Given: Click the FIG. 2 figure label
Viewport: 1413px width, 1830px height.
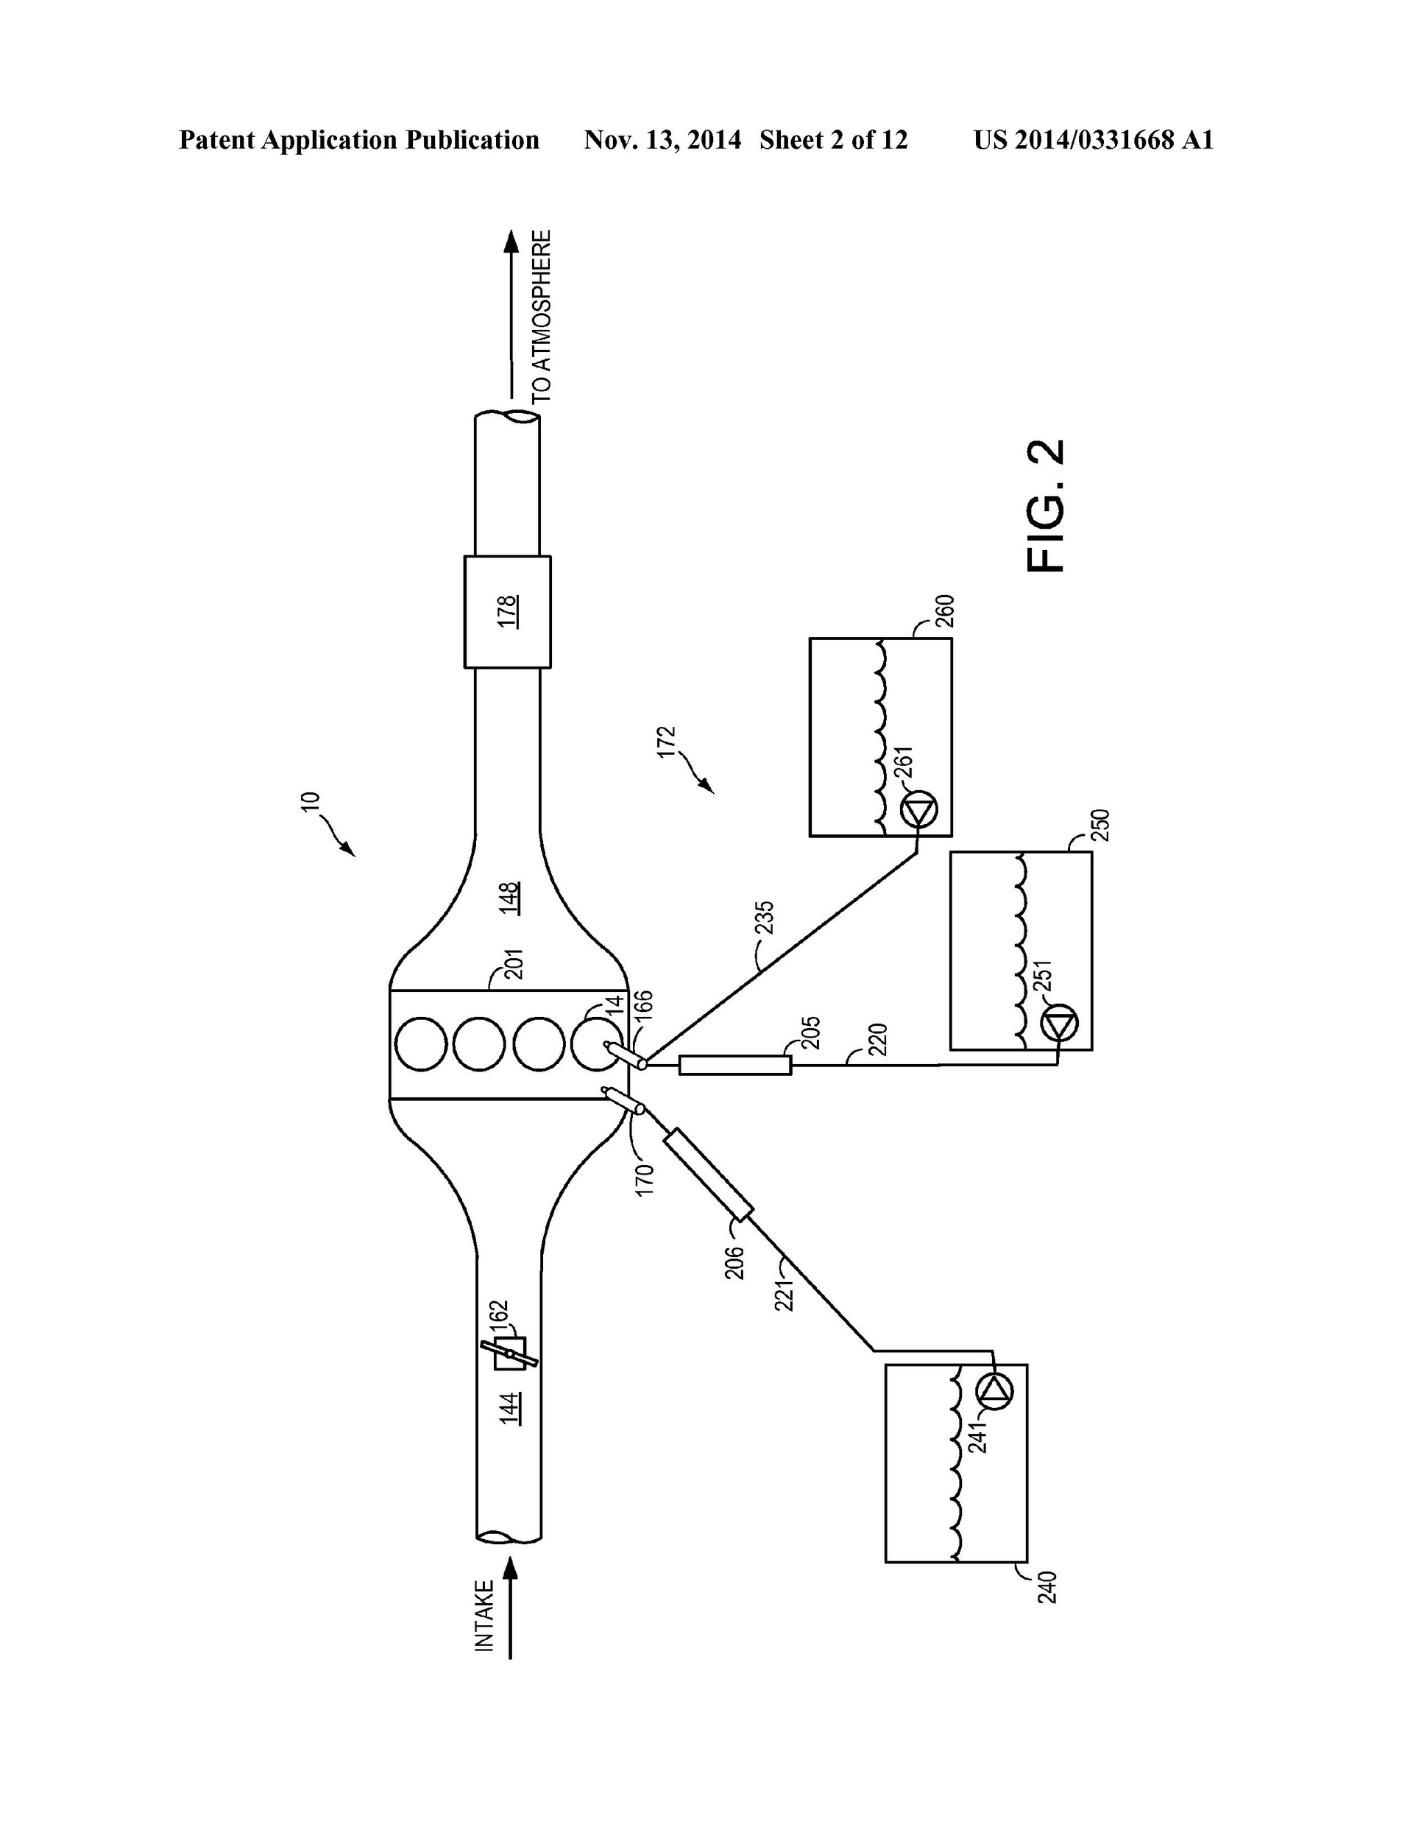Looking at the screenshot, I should tap(1047, 506).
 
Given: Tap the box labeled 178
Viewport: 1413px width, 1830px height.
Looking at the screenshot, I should tap(508, 612).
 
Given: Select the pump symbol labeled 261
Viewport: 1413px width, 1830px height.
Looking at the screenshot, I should tap(919, 810).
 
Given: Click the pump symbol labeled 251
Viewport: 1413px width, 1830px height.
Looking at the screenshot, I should tap(1060, 1023).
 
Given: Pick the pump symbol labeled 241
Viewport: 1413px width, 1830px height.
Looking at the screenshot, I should tap(994, 1392).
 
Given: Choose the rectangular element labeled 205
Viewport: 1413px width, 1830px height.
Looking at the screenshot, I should tap(734, 1065).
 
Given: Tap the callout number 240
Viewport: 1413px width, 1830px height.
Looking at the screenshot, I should tap(1047, 1587).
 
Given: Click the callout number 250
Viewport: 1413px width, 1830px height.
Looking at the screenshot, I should tap(1099, 826).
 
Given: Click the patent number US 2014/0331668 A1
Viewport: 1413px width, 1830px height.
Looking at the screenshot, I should tap(1092, 140).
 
